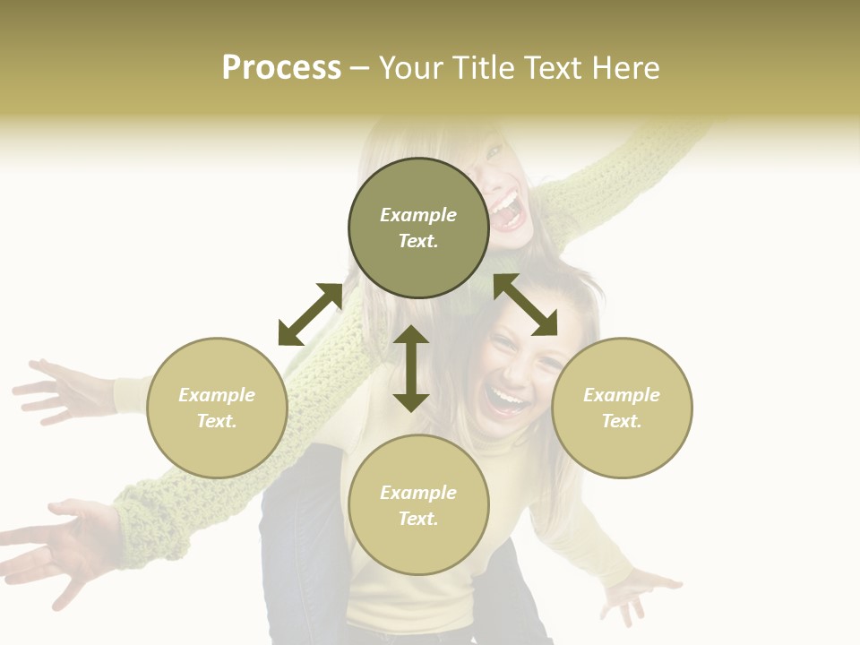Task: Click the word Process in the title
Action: pos(281,68)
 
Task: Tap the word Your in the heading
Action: pos(411,68)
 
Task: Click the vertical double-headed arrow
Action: pos(411,369)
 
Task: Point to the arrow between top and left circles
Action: pos(310,314)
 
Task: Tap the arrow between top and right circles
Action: pos(526,305)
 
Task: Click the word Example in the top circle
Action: pos(418,215)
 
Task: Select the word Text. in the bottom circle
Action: pos(418,519)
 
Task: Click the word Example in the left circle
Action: pos(217,395)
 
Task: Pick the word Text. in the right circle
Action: pos(622,421)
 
